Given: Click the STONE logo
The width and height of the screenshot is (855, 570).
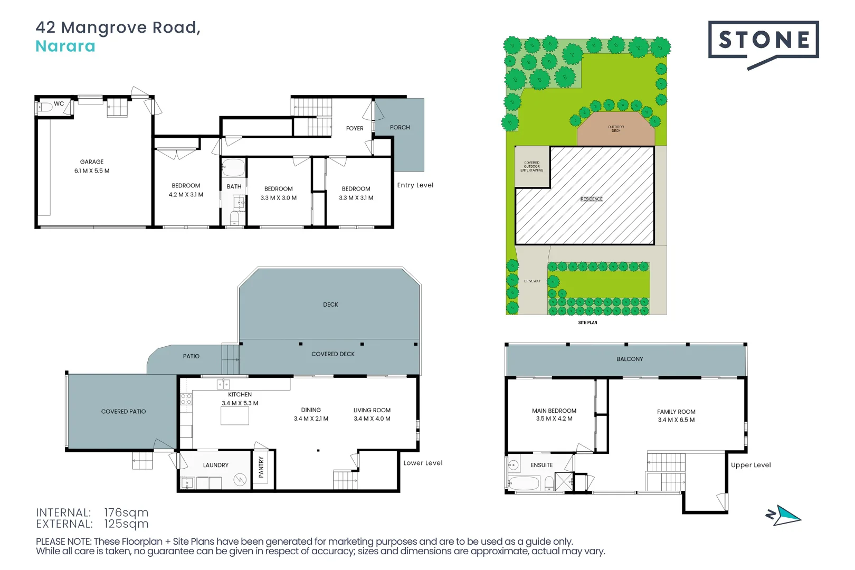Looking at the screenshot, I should click(x=763, y=41).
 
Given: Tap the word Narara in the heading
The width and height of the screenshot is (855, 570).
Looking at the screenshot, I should click(x=65, y=46).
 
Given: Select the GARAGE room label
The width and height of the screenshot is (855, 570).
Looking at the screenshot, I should click(x=92, y=162).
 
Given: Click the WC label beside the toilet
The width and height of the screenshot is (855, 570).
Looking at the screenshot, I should click(x=59, y=104).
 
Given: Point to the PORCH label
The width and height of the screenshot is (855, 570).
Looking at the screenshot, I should click(x=400, y=128).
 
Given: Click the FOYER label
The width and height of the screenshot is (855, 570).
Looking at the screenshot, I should click(x=355, y=128).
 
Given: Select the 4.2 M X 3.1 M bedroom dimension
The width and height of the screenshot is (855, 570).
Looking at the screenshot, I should click(x=186, y=195).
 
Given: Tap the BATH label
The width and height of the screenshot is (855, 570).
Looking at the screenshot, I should click(x=234, y=187).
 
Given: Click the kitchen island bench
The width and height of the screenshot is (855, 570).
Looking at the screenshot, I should click(x=234, y=416).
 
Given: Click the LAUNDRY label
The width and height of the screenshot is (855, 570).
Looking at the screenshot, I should click(x=216, y=465).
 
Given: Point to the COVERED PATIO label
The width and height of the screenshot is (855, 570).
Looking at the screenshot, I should click(x=123, y=412).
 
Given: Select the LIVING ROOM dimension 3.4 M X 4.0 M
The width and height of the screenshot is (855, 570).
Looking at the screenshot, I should click(x=372, y=419).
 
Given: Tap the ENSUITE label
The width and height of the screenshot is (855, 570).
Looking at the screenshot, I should click(x=541, y=465).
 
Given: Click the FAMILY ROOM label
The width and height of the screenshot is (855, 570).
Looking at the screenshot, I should click(x=676, y=412).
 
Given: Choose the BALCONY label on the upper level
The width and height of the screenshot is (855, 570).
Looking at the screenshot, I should click(x=630, y=359).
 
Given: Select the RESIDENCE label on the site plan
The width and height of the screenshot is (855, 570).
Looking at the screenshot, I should click(x=592, y=199).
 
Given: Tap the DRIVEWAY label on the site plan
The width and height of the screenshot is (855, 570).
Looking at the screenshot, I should click(x=532, y=281).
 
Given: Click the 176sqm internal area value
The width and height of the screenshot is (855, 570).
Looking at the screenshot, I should click(x=126, y=512).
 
